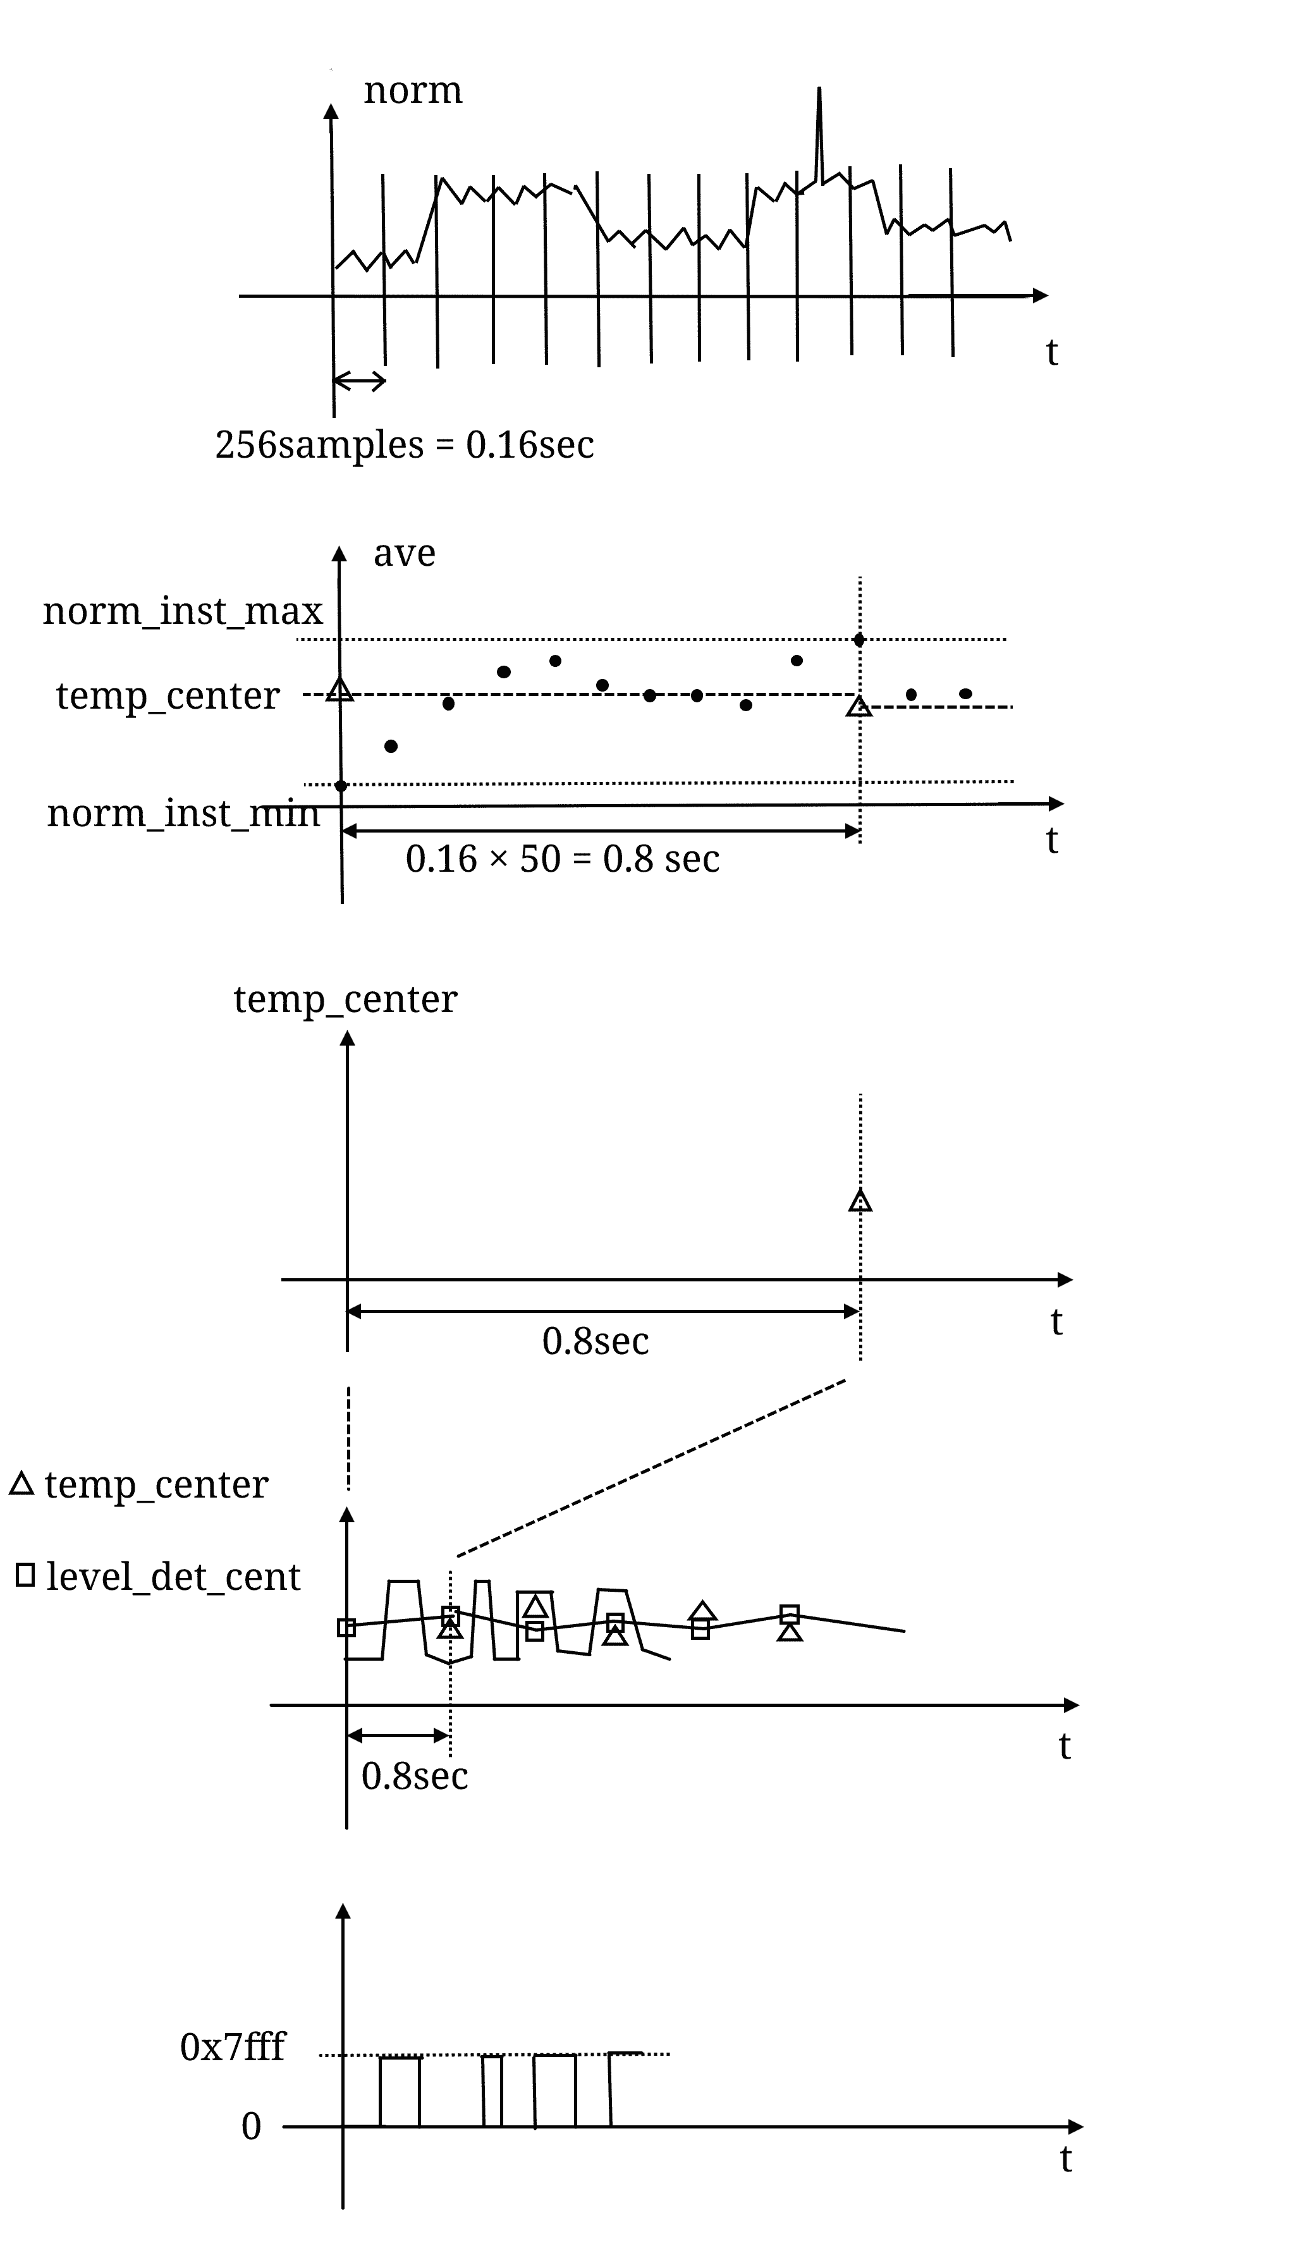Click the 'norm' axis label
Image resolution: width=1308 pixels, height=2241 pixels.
[413, 90]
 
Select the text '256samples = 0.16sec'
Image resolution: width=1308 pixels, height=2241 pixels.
[405, 444]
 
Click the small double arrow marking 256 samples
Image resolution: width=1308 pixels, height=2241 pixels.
[359, 381]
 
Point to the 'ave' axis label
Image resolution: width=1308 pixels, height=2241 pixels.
[405, 553]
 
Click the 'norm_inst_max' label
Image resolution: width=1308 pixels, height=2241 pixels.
[183, 612]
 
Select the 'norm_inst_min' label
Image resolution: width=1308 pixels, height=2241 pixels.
[183, 814]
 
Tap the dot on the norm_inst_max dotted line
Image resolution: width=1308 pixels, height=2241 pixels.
[859, 640]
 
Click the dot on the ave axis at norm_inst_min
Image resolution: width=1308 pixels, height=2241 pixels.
[341, 785]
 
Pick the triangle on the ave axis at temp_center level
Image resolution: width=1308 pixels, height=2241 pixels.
[339, 690]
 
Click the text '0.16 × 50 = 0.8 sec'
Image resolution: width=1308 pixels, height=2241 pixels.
[562, 859]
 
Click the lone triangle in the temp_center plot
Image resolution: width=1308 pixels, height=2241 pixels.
[860, 1202]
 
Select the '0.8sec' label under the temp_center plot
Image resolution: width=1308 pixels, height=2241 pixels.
[596, 1341]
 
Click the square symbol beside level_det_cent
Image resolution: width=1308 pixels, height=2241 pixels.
[26, 1575]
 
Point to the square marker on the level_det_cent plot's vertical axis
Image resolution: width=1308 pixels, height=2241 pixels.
[347, 1627]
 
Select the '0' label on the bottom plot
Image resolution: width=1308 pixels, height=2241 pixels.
[252, 2127]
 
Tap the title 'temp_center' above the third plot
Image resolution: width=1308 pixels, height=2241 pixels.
[345, 999]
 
